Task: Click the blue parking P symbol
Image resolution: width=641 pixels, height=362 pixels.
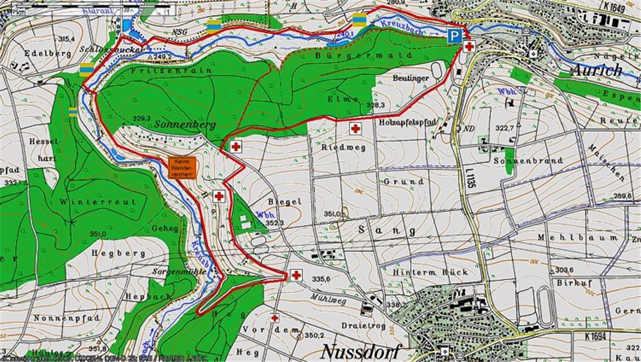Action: (454, 36)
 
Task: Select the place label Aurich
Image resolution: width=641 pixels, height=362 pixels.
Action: (597, 70)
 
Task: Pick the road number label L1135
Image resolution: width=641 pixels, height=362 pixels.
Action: (468, 178)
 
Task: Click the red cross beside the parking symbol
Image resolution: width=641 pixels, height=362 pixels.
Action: (468, 46)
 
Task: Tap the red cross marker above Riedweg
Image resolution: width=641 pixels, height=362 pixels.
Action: (355, 128)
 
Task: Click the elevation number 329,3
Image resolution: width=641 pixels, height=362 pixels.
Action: (142, 118)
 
